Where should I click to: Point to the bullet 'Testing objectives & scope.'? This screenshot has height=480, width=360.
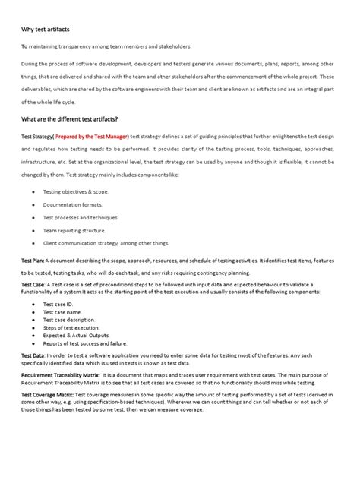(76, 192)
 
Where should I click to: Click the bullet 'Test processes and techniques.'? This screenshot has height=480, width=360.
(80, 216)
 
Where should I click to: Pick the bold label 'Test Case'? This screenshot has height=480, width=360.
(33, 284)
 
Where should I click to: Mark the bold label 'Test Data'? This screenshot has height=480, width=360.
(33, 355)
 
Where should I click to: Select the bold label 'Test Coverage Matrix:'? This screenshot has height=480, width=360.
(47, 395)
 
